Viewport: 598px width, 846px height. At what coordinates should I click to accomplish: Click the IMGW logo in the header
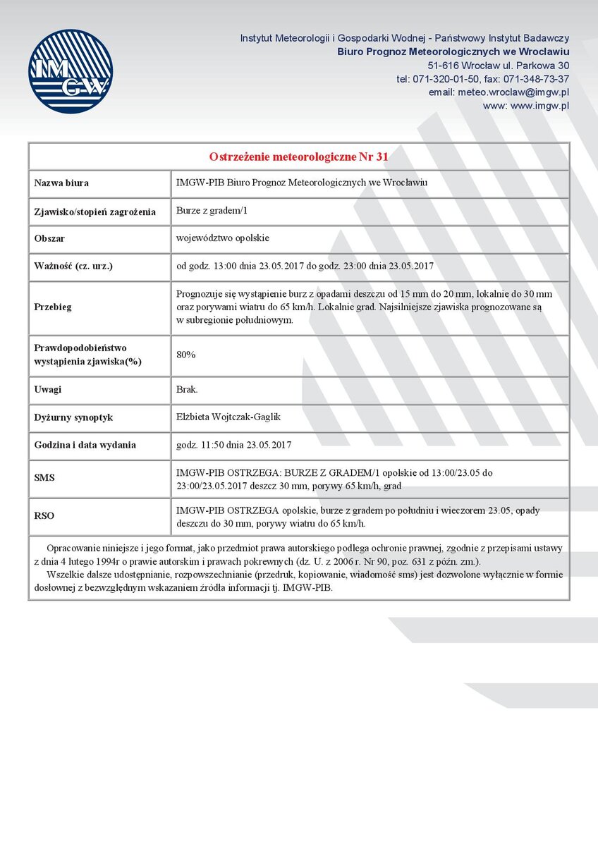coord(71,71)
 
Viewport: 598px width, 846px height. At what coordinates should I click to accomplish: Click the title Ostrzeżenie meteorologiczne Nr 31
coord(299,157)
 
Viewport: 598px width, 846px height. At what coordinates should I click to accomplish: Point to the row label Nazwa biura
coord(61,183)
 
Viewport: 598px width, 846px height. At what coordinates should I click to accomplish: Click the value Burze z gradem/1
coord(212,211)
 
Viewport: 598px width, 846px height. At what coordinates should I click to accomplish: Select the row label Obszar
coord(49,239)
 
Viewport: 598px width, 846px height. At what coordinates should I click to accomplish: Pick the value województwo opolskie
coord(223,238)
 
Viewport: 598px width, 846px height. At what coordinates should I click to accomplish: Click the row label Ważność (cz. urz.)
coord(73,266)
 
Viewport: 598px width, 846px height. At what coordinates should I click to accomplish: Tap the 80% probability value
coord(186,355)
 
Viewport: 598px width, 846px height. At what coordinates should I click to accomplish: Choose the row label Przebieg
coord(53,307)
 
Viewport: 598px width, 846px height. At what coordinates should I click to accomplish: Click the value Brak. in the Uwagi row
coord(187,389)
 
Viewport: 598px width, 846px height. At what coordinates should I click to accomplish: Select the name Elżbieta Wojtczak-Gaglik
coord(228,417)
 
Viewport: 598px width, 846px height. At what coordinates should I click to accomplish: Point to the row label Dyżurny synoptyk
coord(73,417)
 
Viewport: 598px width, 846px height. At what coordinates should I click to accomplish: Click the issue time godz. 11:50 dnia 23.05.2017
coord(233,445)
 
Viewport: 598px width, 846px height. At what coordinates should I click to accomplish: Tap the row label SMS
coord(44,478)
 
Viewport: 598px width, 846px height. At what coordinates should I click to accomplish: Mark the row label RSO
coord(44,516)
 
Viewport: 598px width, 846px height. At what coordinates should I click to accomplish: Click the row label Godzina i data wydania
coord(85,445)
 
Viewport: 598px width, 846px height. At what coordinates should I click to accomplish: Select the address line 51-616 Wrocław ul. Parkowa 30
coord(504,66)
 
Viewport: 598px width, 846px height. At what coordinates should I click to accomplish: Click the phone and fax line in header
coord(483,79)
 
